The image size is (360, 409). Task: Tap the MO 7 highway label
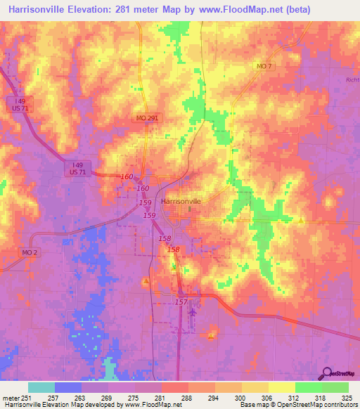[264, 66]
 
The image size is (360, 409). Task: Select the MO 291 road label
[147, 119]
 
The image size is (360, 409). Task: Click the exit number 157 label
[181, 301]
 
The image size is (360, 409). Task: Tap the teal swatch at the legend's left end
[41, 387]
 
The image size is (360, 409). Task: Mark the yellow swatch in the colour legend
[282, 387]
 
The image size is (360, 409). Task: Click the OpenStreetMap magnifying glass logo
[326, 372]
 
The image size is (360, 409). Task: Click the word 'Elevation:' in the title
[89, 8]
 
